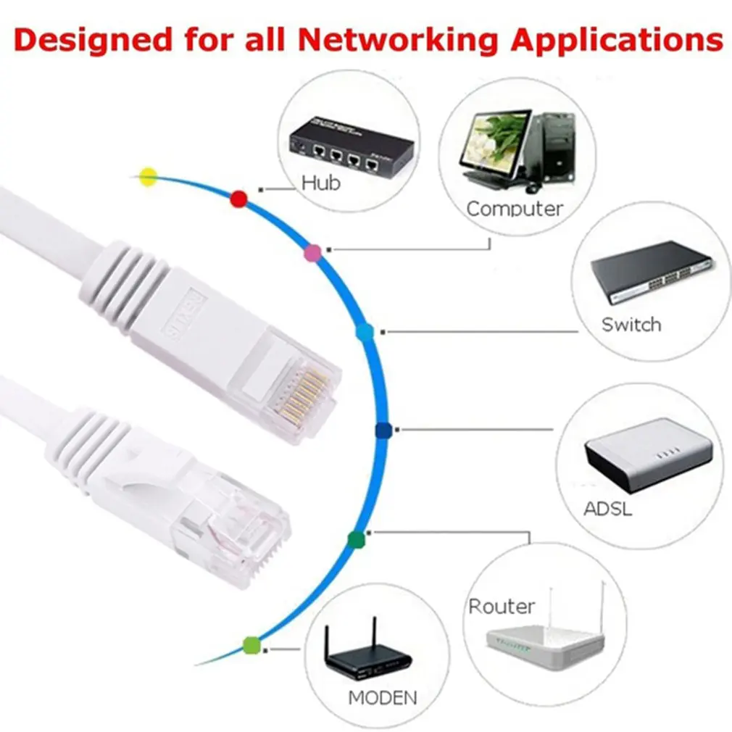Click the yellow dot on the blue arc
click(149, 175)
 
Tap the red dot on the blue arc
click(238, 199)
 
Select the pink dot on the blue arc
click(313, 252)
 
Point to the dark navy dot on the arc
click(383, 431)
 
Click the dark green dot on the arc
click(355, 538)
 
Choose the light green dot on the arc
click(251, 644)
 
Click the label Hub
click(321, 183)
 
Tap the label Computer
click(515, 209)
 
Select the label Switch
click(631, 324)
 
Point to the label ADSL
click(607, 508)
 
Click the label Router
click(502, 606)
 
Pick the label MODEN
click(383, 698)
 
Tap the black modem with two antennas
click(367, 654)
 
